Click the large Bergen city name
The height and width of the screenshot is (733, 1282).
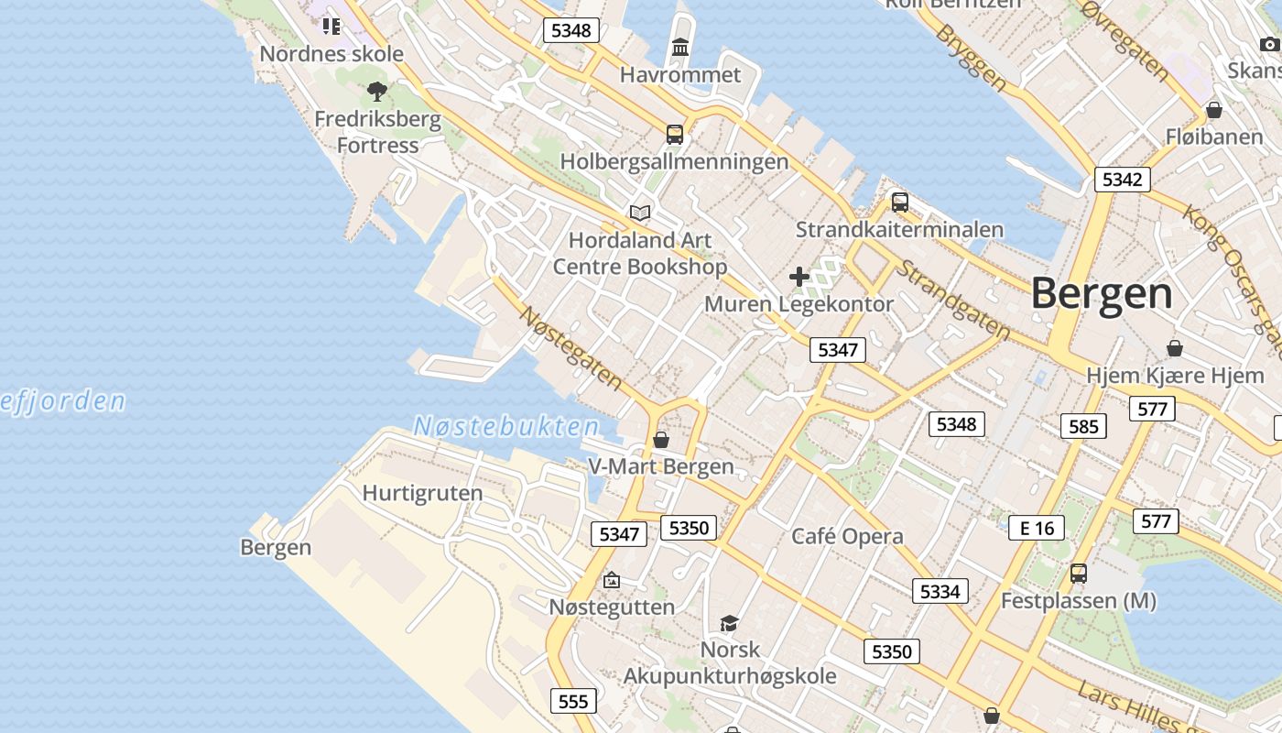point(1102,294)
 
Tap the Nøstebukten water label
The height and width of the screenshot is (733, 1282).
point(506,426)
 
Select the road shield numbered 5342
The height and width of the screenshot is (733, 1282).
point(1122,180)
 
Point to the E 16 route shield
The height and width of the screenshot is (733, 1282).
point(1037,528)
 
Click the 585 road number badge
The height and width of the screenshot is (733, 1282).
point(1083,426)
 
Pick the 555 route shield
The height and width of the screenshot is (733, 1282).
point(573,702)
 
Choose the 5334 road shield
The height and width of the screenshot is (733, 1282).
point(940,591)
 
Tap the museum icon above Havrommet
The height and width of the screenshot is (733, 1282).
point(680,47)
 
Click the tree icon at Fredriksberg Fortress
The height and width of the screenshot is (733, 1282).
point(376,92)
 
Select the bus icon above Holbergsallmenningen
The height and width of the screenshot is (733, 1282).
point(675,135)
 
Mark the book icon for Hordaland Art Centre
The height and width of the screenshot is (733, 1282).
point(640,213)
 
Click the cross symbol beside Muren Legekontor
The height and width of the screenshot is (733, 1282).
point(799,276)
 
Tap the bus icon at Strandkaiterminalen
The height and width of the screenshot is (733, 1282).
point(899,202)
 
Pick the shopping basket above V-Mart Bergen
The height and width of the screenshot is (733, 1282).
point(660,440)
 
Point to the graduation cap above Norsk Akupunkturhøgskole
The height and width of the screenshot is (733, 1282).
point(729,623)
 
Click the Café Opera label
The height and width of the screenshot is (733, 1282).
point(847,537)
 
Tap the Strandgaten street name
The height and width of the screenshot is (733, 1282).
point(952,301)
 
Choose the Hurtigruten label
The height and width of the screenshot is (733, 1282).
point(422,493)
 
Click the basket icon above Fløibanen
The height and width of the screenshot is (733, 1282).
point(1214,111)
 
